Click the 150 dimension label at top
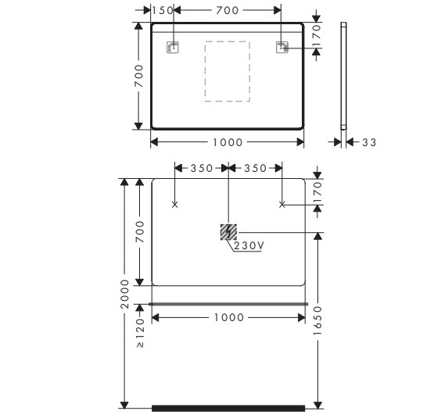(x=163, y=10)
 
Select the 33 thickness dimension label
(x=369, y=142)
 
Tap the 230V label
(x=249, y=245)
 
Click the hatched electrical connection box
(x=228, y=232)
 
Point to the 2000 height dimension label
(x=124, y=294)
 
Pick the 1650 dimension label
(x=317, y=320)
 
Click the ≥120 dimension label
(x=140, y=333)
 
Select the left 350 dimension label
(x=202, y=169)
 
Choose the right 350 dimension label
(x=255, y=169)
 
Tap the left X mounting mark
(x=174, y=205)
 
